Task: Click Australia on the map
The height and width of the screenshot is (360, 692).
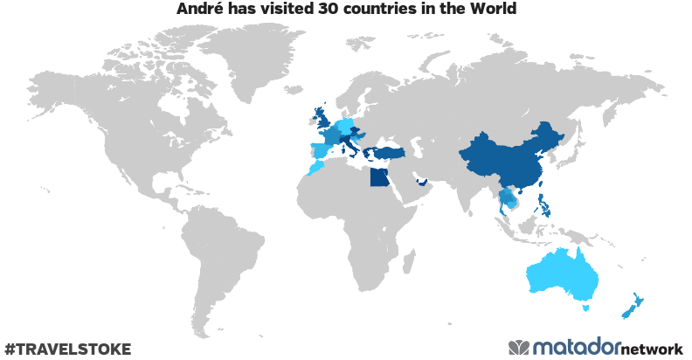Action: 564,275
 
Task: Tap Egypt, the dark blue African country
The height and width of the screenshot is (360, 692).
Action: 378,178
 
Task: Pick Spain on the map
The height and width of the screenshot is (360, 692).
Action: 322,149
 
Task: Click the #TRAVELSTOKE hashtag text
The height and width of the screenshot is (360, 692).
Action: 67,349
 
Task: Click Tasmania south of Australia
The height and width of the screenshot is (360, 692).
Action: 586,308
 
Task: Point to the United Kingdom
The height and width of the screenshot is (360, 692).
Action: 324,119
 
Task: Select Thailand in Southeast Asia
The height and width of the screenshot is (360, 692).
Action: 506,199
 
